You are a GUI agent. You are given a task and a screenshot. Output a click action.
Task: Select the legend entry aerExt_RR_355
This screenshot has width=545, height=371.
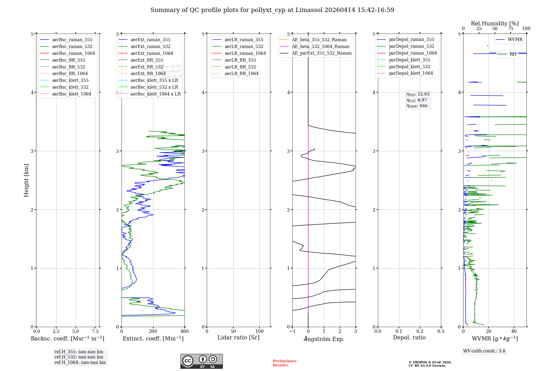tap(147, 60)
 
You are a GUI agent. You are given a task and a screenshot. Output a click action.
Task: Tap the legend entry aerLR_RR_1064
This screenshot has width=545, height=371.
tap(241, 73)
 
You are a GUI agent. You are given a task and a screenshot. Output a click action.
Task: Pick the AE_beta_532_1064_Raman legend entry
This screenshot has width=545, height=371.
tap(320, 46)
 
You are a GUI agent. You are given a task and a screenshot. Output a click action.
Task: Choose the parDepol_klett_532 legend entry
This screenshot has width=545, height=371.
tap(410, 67)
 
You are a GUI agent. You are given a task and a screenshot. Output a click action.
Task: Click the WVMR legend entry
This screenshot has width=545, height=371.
tap(515, 40)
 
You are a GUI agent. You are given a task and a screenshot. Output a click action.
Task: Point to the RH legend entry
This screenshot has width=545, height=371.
tap(513, 54)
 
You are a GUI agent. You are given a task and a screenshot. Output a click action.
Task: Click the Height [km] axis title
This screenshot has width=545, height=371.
tap(26, 180)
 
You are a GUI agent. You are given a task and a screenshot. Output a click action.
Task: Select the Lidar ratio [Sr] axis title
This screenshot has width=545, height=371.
tap(238, 337)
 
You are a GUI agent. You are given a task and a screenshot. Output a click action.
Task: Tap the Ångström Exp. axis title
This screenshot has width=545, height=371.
tap(324, 339)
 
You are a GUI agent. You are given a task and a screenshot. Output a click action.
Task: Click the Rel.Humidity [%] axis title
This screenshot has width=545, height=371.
tap(495, 23)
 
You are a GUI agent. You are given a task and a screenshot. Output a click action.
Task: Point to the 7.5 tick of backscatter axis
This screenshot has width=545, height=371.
tap(95, 331)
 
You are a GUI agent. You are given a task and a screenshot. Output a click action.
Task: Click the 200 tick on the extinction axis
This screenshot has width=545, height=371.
tap(153, 331)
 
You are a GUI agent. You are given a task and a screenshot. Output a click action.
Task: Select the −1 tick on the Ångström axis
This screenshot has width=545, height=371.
tap(292, 331)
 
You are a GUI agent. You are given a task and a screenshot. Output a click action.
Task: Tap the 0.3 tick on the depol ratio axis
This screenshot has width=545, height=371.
tap(441, 331)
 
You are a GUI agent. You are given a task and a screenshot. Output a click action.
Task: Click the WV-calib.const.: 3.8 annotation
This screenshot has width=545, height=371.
tap(484, 351)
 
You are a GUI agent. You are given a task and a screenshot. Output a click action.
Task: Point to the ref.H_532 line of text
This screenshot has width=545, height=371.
tap(79, 357)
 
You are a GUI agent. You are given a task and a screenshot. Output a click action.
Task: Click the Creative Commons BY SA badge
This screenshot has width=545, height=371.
tap(201, 361)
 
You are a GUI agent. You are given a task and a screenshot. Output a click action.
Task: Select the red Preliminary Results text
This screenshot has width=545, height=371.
tap(284, 363)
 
